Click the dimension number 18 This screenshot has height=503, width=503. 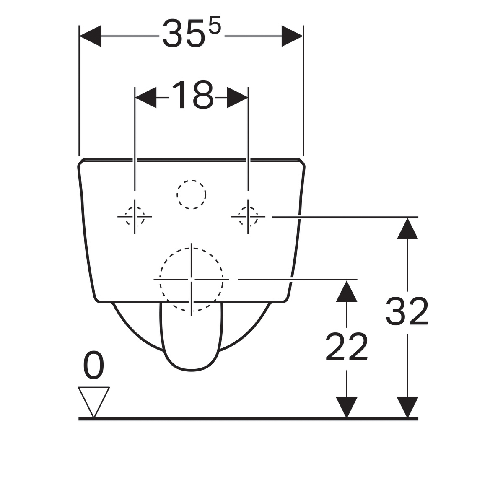pos(192,95)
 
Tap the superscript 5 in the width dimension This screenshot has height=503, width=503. pos(215,24)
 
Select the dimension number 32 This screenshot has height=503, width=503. pos(407,311)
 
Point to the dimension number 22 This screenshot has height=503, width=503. pos(346,347)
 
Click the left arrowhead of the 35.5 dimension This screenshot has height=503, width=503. pos(90,36)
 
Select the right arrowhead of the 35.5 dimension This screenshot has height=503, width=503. pos(292,36)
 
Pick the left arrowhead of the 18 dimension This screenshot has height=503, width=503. pos(146,97)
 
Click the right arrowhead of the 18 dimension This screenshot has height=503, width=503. pos(237,97)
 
